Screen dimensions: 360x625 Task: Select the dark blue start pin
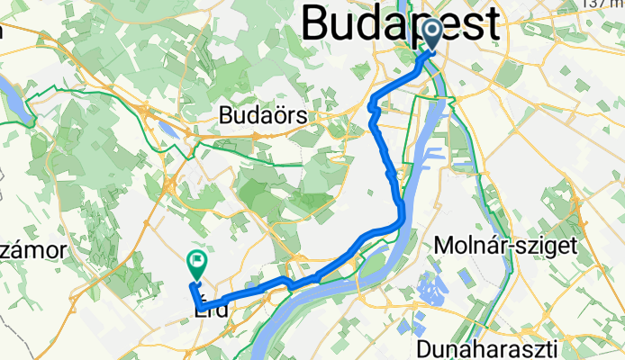(432, 35)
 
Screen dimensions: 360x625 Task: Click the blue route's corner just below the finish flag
(193, 286)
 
